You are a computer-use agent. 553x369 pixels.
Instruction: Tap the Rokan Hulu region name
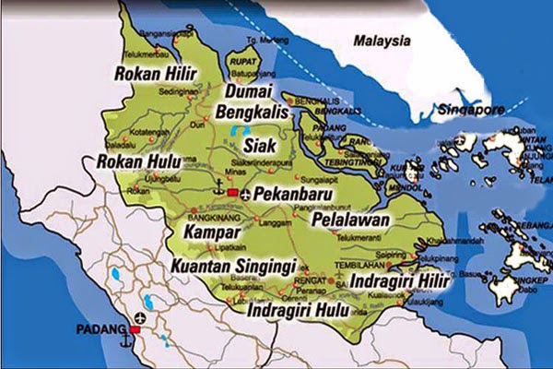pyautogui.click(x=137, y=162)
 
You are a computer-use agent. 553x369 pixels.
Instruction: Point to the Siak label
pyautogui.click(x=261, y=145)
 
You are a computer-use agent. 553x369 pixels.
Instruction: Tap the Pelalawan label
pyautogui.click(x=350, y=221)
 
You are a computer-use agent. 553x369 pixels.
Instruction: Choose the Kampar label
pyautogui.click(x=212, y=228)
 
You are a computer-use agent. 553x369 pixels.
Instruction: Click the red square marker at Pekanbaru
pyautogui.click(x=233, y=193)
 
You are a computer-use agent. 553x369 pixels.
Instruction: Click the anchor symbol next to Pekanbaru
pyautogui.click(x=218, y=192)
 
